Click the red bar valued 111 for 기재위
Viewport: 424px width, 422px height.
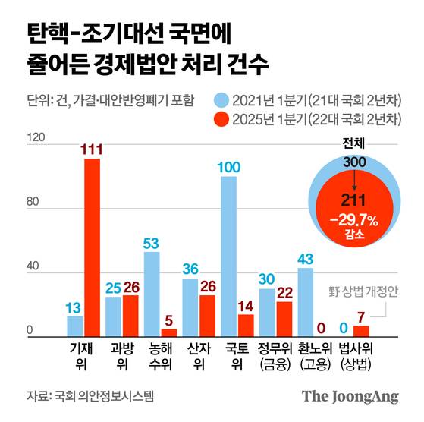click(92, 247)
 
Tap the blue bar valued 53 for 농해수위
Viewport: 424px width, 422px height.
click(152, 294)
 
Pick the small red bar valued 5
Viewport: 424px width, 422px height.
click(168, 332)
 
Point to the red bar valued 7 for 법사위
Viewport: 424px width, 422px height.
click(361, 331)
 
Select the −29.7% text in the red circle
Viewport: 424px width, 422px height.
click(353, 219)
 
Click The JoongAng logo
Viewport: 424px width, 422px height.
click(350, 396)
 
